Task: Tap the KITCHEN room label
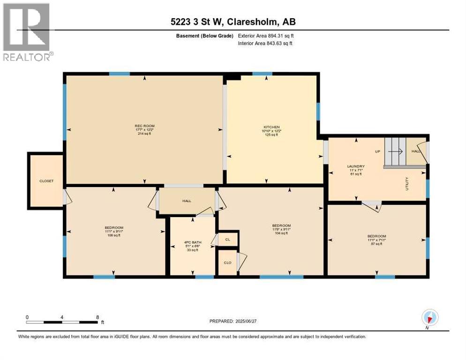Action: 271,127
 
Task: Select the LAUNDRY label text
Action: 355,166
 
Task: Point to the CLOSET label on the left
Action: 46,181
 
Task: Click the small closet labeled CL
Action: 228,240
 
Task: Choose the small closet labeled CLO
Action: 227,264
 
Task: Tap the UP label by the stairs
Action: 376,152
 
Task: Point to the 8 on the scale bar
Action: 98,317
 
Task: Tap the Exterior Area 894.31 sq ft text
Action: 266,36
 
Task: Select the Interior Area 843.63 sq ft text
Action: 266,44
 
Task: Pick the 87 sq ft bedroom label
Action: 376,244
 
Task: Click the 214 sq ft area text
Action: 144,134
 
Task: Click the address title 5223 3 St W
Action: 233,22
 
